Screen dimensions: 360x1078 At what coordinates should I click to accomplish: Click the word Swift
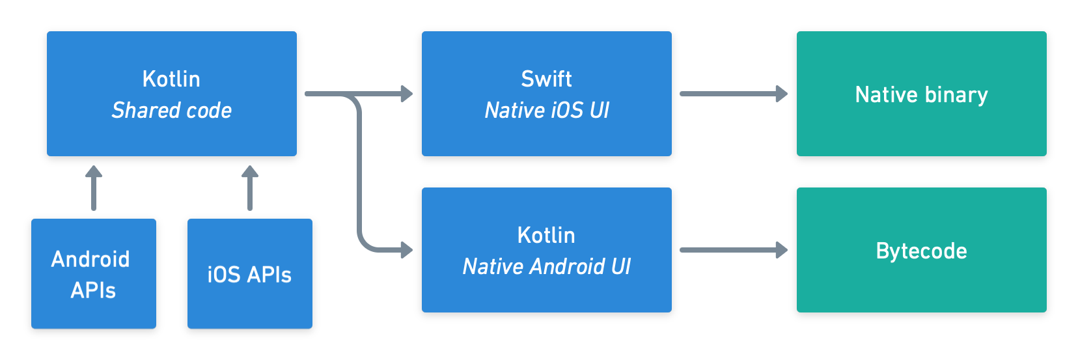click(546, 79)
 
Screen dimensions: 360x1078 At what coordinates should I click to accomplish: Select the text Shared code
click(171, 111)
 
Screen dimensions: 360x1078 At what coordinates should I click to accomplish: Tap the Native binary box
click(921, 94)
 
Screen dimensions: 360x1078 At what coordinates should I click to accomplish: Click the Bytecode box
click(921, 251)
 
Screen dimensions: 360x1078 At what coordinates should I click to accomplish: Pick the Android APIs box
click(93, 274)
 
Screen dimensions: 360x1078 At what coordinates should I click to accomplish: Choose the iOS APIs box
click(249, 274)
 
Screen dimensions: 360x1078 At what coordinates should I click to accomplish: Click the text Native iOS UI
click(546, 111)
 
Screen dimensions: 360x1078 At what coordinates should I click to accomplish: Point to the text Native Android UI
click(546, 267)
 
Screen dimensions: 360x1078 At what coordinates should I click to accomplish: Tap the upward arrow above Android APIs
click(94, 188)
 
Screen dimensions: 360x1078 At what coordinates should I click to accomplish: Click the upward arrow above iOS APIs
click(250, 188)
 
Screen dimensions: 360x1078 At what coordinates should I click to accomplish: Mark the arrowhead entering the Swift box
click(406, 94)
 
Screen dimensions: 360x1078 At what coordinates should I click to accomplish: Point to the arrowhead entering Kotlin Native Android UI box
click(406, 250)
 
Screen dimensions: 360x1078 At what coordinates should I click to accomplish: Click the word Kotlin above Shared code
click(171, 79)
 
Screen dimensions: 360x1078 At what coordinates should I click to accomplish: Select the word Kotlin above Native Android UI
click(546, 235)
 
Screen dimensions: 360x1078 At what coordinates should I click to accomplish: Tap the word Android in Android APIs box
click(90, 259)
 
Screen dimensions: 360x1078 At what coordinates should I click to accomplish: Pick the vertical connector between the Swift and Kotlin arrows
click(359, 173)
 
